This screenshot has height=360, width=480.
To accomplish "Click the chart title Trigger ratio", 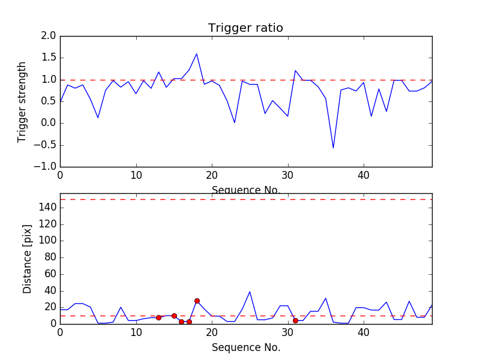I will [x=245, y=28].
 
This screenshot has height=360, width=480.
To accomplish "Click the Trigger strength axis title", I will [x=22, y=101].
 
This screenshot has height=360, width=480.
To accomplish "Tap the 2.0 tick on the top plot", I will [x=49, y=36].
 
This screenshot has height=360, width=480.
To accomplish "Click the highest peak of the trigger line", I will [x=196, y=54].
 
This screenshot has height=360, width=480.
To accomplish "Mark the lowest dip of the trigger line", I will [x=333, y=148].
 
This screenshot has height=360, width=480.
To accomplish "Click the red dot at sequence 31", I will [x=295, y=320].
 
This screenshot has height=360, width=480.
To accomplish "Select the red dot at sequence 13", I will [x=158, y=317].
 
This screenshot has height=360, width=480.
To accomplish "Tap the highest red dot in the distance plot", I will [x=197, y=301].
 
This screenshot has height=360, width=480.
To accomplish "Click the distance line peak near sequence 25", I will [x=250, y=292].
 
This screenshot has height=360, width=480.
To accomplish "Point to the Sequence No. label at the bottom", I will [x=245, y=347].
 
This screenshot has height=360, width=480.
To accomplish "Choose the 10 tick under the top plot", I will [x=136, y=176].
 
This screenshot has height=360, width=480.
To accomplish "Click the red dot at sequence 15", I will [x=174, y=316].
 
